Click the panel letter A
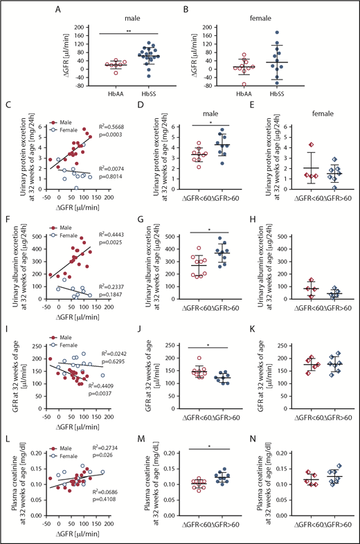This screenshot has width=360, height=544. coord(71,9)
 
